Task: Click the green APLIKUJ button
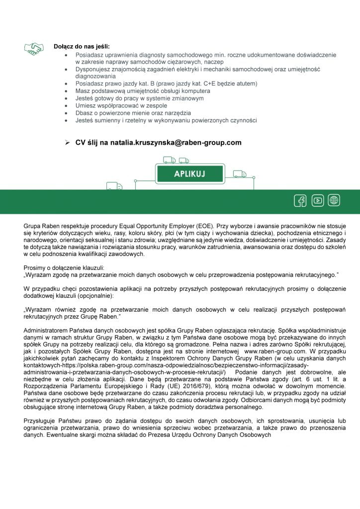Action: click(190, 174)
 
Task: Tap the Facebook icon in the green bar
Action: click(300, 201)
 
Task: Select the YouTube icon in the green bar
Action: click(317, 201)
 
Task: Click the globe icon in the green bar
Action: click(334, 201)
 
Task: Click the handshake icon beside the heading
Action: click(33, 48)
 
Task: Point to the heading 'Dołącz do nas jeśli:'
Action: click(82, 46)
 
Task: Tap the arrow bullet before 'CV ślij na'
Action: click(67, 143)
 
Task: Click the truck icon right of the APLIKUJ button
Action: click(240, 173)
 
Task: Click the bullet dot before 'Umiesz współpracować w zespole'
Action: click(67, 106)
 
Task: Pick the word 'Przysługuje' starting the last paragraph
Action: click(41, 421)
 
